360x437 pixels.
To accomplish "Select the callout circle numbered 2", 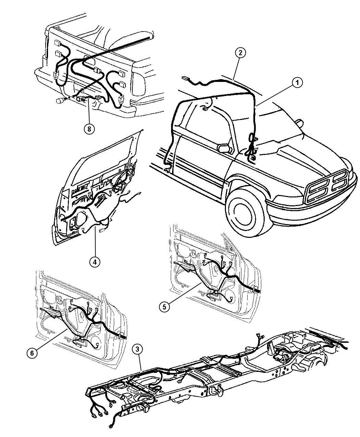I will (x=240, y=53).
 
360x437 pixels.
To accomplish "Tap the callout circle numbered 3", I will (x=137, y=349).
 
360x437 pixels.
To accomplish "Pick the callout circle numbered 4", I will (x=95, y=262).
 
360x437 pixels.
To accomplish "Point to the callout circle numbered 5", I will (x=165, y=307).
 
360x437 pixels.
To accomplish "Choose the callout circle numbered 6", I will (x=32, y=354).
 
